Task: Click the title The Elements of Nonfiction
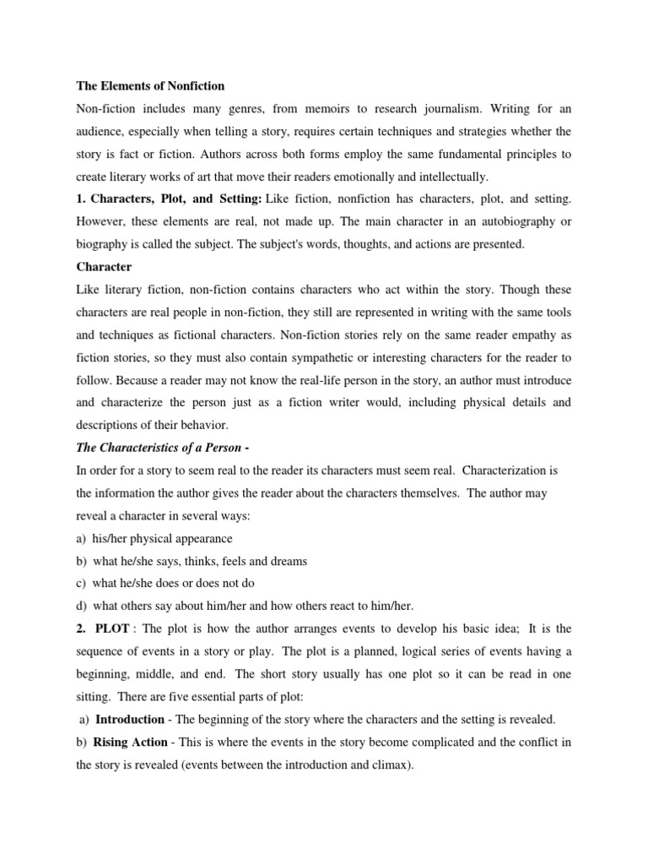pyautogui.click(x=151, y=86)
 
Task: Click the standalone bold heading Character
pyautogui.click(x=104, y=267)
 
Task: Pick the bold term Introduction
pyautogui.click(x=130, y=720)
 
